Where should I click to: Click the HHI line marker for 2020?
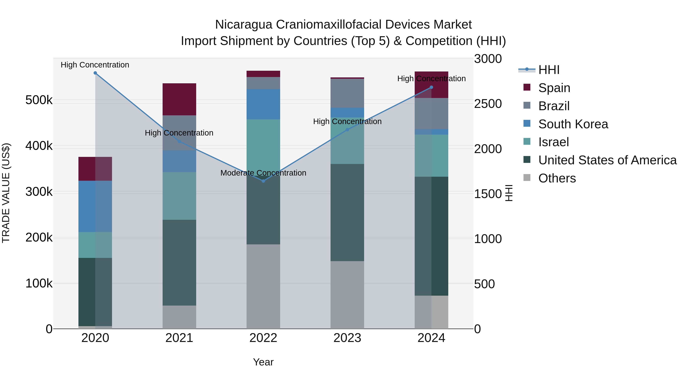click(95, 73)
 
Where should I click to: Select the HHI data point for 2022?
click(263, 181)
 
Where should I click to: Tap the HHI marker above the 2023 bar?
click(347, 130)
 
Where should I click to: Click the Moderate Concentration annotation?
click(263, 173)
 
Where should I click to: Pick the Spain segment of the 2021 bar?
click(179, 99)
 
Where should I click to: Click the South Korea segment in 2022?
click(263, 104)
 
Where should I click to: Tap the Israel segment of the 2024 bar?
click(431, 156)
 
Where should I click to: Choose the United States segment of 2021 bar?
click(179, 262)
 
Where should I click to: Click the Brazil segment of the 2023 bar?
click(347, 93)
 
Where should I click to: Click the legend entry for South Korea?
click(573, 124)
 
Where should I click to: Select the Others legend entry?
click(557, 178)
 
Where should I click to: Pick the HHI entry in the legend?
click(549, 70)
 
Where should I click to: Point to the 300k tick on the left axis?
click(39, 192)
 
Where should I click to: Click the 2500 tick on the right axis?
click(488, 104)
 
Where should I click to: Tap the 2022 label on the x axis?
click(263, 338)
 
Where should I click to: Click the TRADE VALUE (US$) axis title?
click(6, 193)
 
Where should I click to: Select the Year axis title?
click(263, 362)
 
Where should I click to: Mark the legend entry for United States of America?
click(607, 160)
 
